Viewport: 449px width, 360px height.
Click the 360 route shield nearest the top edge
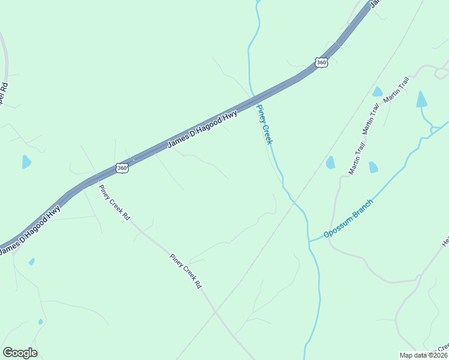coord(321,62)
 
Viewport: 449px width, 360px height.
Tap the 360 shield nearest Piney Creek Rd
coord(122,169)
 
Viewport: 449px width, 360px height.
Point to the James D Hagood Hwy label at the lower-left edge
coord(30,230)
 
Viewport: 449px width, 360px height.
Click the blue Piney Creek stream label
coord(265,125)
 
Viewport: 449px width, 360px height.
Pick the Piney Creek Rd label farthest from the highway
coord(185,272)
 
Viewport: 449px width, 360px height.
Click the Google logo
coord(20,353)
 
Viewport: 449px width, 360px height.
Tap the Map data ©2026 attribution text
coord(423,355)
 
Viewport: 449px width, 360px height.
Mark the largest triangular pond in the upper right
coord(423,100)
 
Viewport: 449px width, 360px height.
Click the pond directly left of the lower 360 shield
coord(26,161)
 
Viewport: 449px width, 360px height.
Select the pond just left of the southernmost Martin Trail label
coord(330,162)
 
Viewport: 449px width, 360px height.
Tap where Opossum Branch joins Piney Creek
coord(309,241)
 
